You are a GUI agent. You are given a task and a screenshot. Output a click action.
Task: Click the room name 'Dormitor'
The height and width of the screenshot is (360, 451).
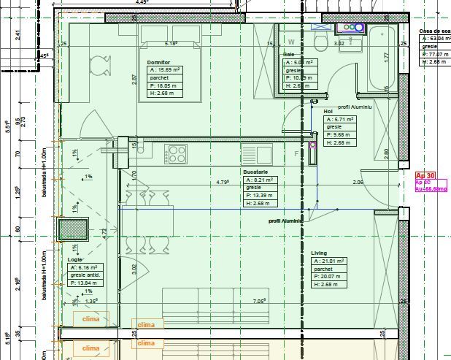(x=158, y=62)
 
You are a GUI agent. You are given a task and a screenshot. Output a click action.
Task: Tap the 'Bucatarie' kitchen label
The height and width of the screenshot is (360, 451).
(x=258, y=171)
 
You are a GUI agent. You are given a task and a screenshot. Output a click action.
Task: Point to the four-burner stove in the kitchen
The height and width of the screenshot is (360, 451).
(x=177, y=154)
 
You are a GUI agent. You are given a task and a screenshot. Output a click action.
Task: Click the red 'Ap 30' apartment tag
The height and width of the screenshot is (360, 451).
(x=425, y=176)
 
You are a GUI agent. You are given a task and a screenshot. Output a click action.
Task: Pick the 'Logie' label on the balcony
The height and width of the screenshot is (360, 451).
(x=75, y=259)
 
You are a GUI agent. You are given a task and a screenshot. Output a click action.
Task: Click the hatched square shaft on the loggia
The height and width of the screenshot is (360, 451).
(x=74, y=229)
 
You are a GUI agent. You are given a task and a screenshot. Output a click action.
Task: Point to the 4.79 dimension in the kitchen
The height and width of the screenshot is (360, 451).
(x=223, y=182)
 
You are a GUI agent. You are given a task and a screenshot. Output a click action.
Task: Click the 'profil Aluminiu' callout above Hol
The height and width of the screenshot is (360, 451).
(x=355, y=107)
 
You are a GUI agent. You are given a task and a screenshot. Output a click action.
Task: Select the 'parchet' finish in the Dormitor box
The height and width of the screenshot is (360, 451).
(x=159, y=77)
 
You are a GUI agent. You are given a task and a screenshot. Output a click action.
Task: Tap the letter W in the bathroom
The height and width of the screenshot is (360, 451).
(x=292, y=42)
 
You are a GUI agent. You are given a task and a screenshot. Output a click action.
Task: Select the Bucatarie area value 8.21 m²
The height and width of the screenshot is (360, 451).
(x=260, y=180)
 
